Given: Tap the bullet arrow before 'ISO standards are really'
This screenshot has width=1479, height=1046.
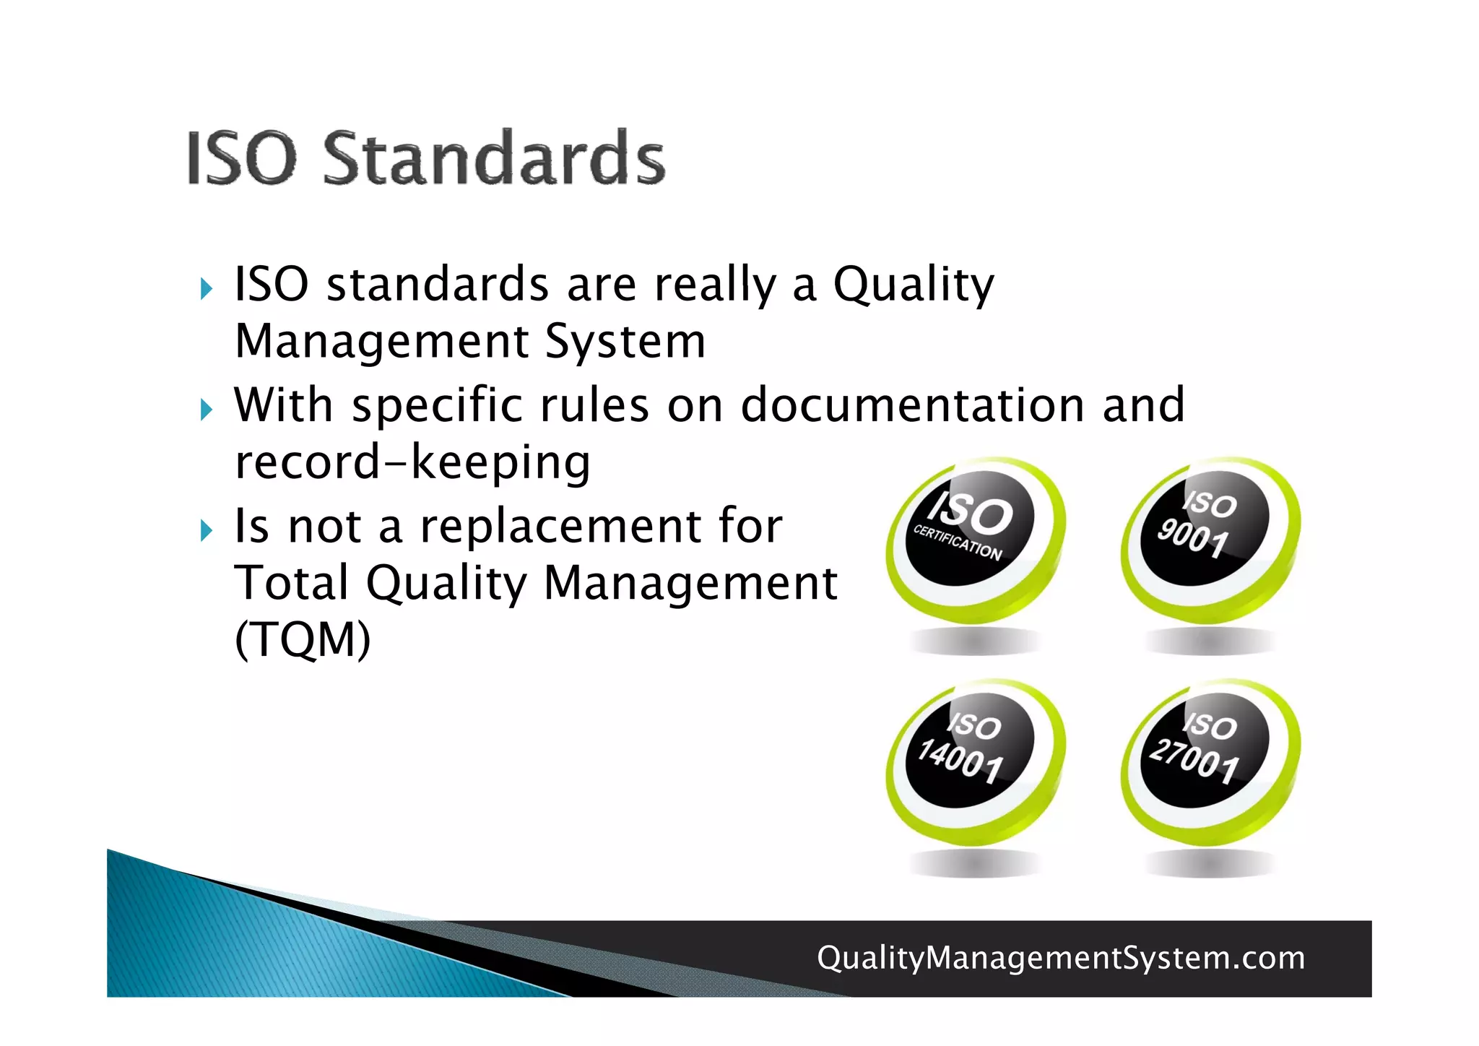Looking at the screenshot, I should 207,289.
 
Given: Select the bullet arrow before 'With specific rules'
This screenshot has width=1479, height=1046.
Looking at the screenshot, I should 207,410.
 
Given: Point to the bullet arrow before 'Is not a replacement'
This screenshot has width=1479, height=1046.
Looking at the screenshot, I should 207,531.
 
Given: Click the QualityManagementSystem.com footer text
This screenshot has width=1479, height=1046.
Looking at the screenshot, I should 1061,958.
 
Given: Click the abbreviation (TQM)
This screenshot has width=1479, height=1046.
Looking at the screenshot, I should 303,639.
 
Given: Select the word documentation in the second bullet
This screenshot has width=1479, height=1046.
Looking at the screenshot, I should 912,405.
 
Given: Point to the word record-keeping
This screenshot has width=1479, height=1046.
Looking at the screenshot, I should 412,462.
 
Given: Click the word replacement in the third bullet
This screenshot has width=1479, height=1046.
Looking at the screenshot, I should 560,527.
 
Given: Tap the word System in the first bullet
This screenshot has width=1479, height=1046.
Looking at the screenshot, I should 625,341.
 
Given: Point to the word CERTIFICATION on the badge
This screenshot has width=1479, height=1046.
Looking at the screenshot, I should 958,543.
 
